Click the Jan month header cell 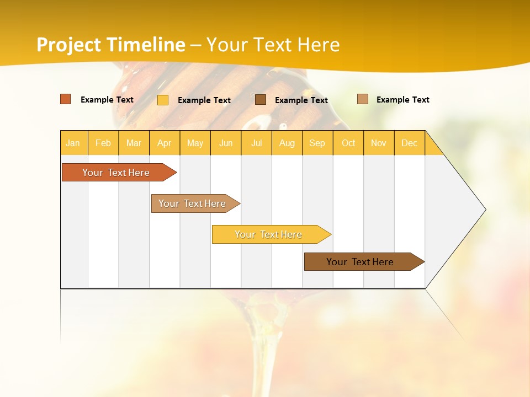(x=73, y=143)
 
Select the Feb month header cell (x=103, y=143)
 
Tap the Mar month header (x=134, y=143)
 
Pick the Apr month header (x=165, y=143)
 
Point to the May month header (x=195, y=143)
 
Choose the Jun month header (x=226, y=143)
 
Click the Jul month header (x=256, y=143)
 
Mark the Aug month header (x=287, y=143)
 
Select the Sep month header (x=317, y=143)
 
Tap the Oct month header (x=348, y=143)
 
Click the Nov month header (x=379, y=143)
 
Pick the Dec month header (x=410, y=143)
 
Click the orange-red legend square (x=66, y=99)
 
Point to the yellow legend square (x=163, y=100)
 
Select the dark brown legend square (x=261, y=99)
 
